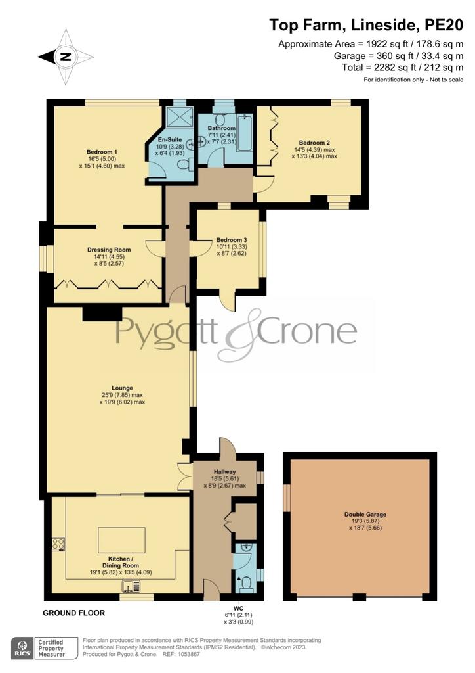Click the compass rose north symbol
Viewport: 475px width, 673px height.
(x=66, y=57)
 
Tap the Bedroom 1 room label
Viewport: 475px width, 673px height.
(x=102, y=152)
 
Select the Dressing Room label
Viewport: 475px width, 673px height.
(x=109, y=249)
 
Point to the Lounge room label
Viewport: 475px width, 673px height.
(x=122, y=388)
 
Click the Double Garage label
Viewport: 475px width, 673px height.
(x=365, y=514)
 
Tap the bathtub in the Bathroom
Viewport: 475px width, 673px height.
(x=245, y=131)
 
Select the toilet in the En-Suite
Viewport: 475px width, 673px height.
(x=184, y=166)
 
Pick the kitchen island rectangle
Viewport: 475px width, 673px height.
(x=121, y=540)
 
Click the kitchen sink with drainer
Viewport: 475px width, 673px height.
(x=131, y=586)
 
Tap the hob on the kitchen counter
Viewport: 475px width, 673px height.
(x=58, y=544)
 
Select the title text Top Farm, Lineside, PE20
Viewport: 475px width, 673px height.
(x=366, y=25)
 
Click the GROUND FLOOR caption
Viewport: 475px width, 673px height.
(x=73, y=613)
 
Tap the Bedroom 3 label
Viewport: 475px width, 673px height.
(x=232, y=239)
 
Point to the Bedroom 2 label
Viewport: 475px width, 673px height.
(x=314, y=143)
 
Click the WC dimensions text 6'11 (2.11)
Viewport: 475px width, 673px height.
(x=238, y=615)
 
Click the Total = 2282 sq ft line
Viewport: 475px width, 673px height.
(x=403, y=67)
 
